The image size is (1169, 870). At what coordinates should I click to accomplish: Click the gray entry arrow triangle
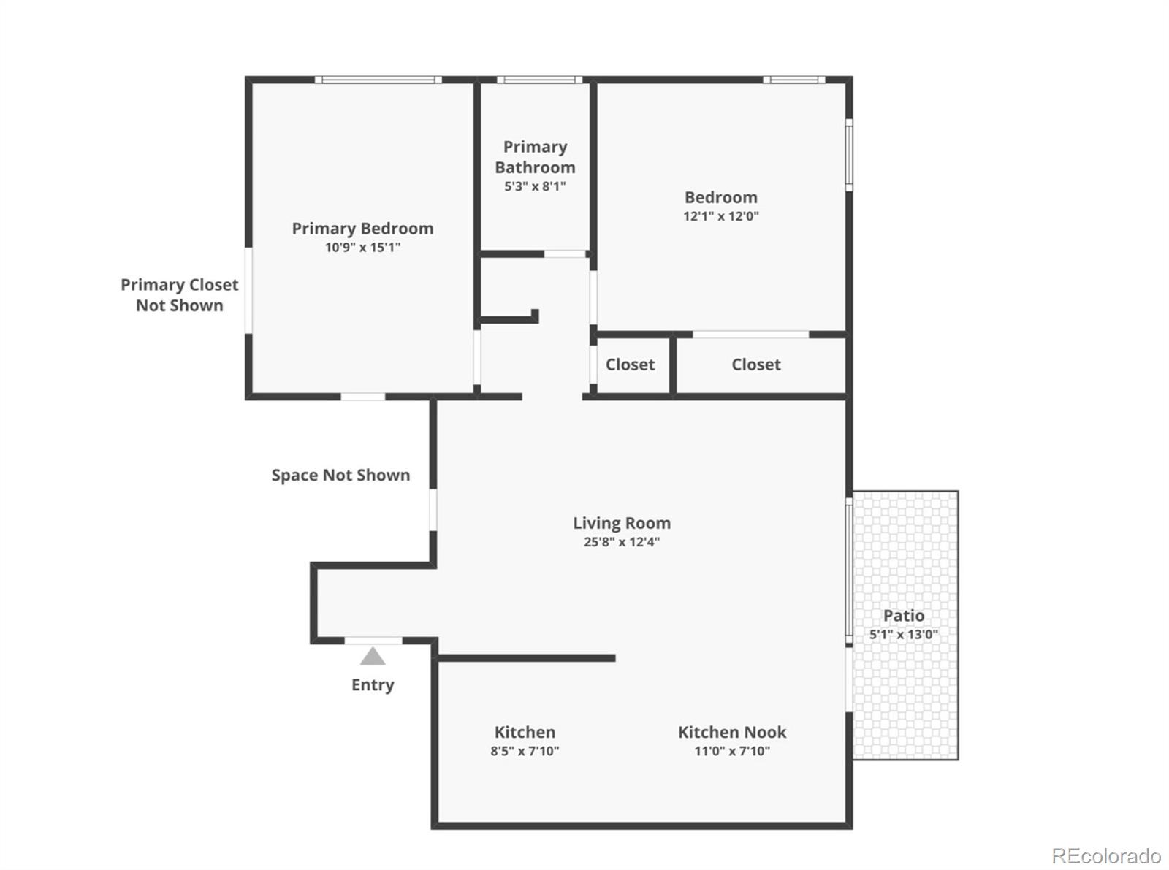pyautogui.click(x=373, y=657)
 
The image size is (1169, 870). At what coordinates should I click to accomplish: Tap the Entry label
pyautogui.click(x=373, y=684)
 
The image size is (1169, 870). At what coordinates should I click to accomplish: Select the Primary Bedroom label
pyautogui.click(x=362, y=229)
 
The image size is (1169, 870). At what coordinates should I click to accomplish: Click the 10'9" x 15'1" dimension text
pyautogui.click(x=362, y=248)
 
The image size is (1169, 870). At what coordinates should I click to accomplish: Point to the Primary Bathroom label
pyautogui.click(x=535, y=157)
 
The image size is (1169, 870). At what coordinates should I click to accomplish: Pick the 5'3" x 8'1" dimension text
pyautogui.click(x=535, y=186)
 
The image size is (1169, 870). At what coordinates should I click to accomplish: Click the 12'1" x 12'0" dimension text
pyautogui.click(x=721, y=216)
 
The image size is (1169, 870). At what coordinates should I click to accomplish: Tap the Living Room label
pyautogui.click(x=622, y=523)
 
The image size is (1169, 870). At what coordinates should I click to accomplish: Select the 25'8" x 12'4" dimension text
pyautogui.click(x=622, y=542)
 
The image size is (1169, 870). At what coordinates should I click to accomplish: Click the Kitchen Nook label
pyautogui.click(x=732, y=732)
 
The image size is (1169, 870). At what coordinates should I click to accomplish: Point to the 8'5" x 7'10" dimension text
pyautogui.click(x=525, y=751)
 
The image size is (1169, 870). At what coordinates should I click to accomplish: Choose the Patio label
pyautogui.click(x=904, y=616)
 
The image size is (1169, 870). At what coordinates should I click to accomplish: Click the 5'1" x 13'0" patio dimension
pyautogui.click(x=904, y=635)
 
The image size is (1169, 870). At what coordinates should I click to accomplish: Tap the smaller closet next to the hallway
pyautogui.click(x=631, y=365)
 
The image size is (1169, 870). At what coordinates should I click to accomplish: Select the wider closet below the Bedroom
pyautogui.click(x=757, y=365)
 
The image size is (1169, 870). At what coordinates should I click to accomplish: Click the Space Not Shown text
pyautogui.click(x=340, y=476)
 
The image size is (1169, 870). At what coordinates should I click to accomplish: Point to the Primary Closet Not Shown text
pyautogui.click(x=180, y=295)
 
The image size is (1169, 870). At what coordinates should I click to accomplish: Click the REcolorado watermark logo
pyautogui.click(x=1106, y=855)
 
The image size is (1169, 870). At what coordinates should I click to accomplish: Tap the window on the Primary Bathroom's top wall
pyautogui.click(x=539, y=80)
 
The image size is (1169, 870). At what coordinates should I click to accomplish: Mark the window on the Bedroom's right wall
pyautogui.click(x=849, y=154)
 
